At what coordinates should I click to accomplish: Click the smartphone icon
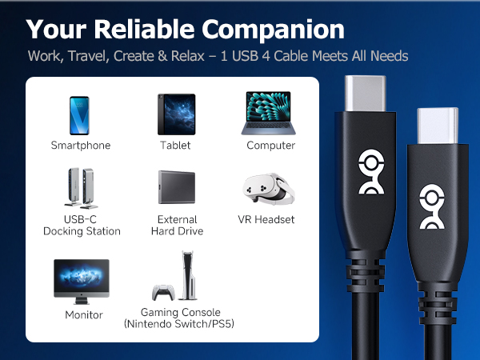coord(80,115)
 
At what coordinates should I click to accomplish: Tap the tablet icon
coord(175,115)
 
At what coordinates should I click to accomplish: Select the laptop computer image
coord(270,114)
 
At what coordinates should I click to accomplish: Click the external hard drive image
coord(177,190)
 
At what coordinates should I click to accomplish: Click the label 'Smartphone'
coord(81,146)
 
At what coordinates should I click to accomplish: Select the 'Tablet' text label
coord(175,146)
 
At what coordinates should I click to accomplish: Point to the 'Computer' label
coord(271,146)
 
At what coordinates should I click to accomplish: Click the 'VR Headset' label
coord(266,219)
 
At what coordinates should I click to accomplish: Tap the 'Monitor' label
coord(84,315)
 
